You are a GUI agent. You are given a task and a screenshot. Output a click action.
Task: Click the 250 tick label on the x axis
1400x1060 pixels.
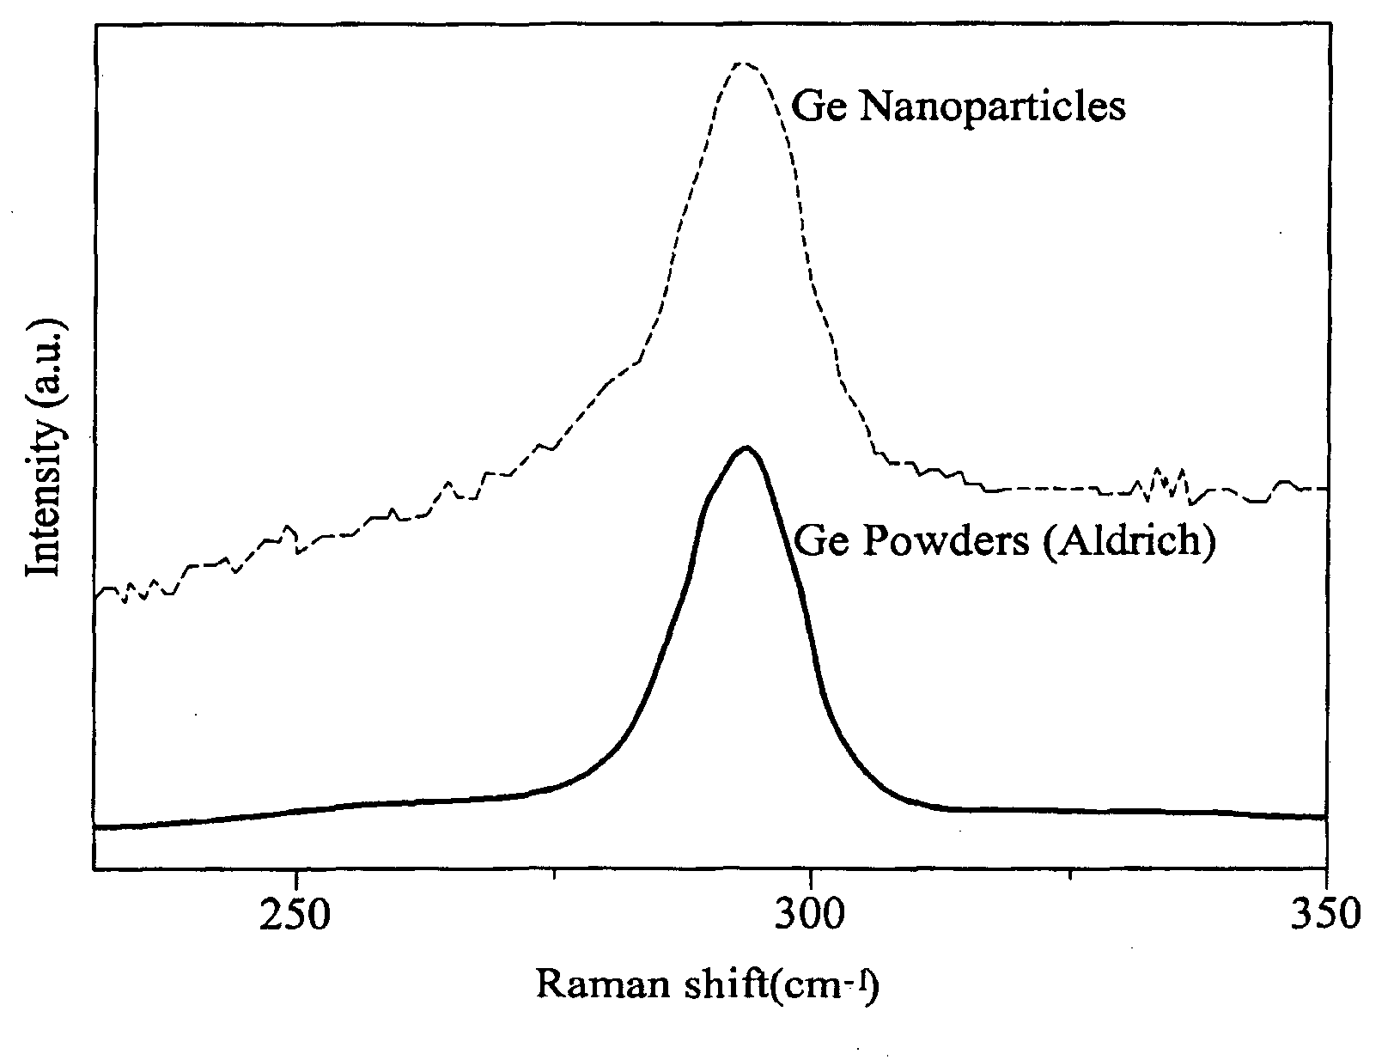[x=295, y=914]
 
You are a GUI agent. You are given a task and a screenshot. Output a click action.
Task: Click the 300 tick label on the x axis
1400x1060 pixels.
[x=809, y=914]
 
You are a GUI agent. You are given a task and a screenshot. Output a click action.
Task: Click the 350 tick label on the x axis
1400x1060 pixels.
[x=1325, y=914]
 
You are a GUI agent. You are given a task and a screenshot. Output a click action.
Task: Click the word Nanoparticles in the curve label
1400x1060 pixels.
[x=992, y=107]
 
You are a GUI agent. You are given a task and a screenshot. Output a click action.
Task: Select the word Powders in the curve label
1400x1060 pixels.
[x=946, y=541]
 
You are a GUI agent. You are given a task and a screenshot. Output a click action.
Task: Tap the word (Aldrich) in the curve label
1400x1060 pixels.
[x=1129, y=542]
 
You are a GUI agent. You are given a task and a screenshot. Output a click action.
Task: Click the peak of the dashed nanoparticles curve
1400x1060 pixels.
[x=743, y=64]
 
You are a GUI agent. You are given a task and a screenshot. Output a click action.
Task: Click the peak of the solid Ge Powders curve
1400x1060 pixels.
[x=746, y=448]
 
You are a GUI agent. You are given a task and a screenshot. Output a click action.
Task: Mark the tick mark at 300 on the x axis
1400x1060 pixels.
[x=810, y=875]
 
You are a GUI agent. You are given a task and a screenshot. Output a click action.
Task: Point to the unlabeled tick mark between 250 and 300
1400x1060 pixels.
[x=555, y=873]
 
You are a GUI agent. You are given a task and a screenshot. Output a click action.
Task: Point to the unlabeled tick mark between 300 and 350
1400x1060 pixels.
[x=1070, y=873]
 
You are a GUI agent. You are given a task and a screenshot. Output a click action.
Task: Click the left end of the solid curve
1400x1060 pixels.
[x=95, y=827]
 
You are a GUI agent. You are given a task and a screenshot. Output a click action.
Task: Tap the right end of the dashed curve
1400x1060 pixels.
[x=1327, y=489]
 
